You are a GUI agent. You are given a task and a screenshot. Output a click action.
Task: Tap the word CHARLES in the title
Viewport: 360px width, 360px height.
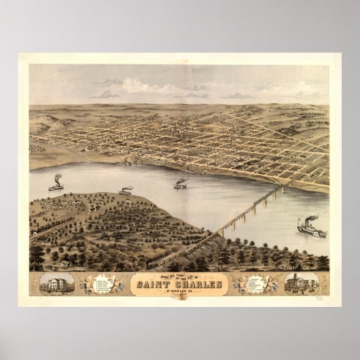pyautogui.click(x=202, y=284)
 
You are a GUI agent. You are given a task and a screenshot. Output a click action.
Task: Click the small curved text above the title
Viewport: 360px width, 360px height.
pyautogui.click(x=179, y=276)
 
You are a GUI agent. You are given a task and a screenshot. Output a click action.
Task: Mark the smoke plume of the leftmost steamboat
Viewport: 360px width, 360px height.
pyautogui.click(x=57, y=177)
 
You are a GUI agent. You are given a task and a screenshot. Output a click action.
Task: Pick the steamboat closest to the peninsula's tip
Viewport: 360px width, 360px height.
pyautogui.click(x=125, y=192)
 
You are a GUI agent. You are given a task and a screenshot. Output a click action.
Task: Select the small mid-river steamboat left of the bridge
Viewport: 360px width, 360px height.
pyautogui.click(x=179, y=185)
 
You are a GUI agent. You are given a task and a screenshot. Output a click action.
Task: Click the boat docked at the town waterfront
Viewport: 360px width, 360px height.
pyautogui.click(x=127, y=163)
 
